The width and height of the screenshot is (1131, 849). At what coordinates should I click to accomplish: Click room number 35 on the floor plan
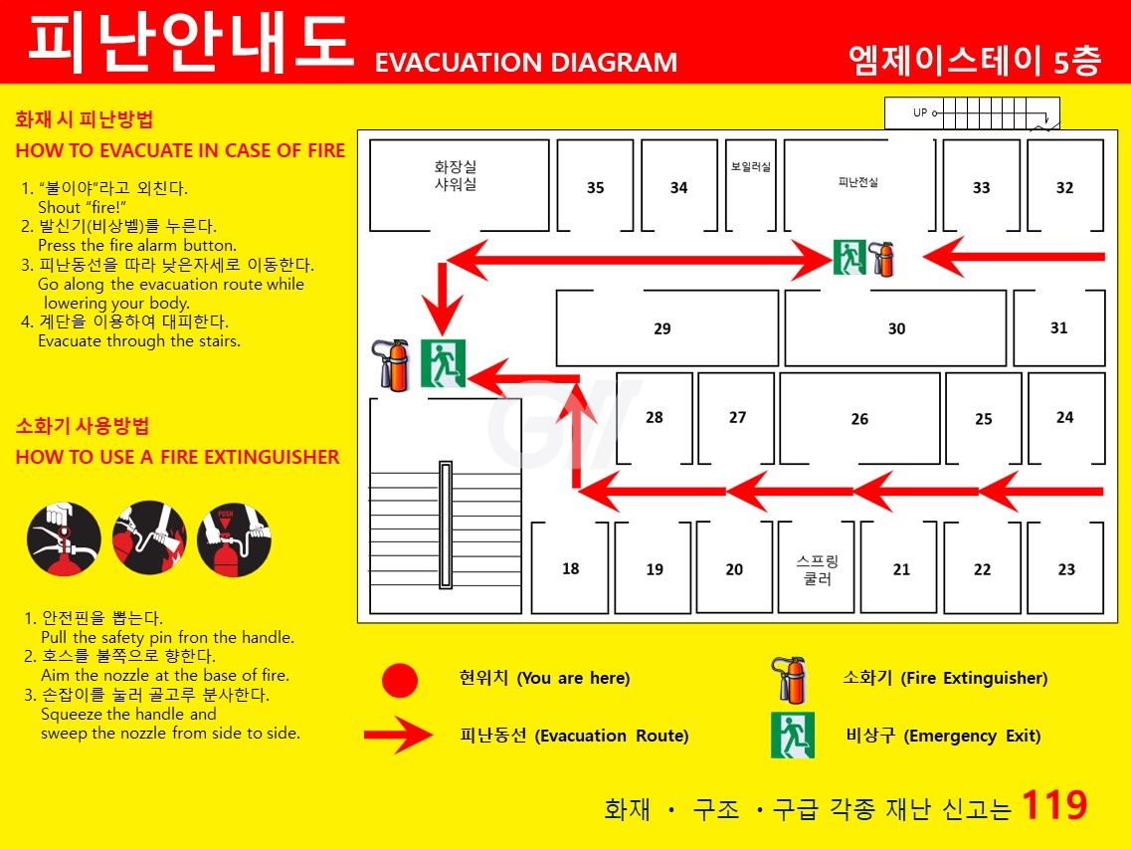click(x=595, y=188)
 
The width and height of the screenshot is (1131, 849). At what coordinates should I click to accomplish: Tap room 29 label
click(x=662, y=329)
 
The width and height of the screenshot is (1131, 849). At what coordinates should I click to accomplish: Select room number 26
click(x=859, y=419)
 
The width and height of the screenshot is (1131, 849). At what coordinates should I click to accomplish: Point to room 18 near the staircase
click(x=571, y=569)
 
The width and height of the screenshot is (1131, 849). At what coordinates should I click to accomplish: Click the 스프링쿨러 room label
click(x=818, y=569)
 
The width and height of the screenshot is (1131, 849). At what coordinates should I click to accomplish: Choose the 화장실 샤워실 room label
click(x=456, y=175)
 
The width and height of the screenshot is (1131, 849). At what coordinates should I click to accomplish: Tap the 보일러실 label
click(x=751, y=167)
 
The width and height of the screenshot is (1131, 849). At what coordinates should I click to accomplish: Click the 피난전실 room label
click(x=858, y=182)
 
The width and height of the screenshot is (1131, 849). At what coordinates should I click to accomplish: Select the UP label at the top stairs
click(x=920, y=112)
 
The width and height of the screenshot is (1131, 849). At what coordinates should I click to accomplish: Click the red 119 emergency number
click(x=1054, y=804)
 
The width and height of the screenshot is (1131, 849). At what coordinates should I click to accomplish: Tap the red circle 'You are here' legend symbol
click(x=400, y=680)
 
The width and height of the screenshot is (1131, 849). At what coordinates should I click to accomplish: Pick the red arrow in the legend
click(x=398, y=735)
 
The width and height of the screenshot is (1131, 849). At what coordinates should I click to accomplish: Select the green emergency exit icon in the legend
click(x=793, y=735)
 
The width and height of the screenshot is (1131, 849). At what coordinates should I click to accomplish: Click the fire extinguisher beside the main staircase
click(x=390, y=364)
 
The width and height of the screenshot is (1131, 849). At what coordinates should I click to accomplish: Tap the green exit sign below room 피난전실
click(x=848, y=257)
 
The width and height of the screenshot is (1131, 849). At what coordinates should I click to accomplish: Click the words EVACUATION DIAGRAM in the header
click(x=526, y=62)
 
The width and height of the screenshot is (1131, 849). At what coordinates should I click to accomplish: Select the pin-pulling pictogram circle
click(x=64, y=538)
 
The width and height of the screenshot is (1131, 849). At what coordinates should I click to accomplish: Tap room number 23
click(x=1066, y=569)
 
